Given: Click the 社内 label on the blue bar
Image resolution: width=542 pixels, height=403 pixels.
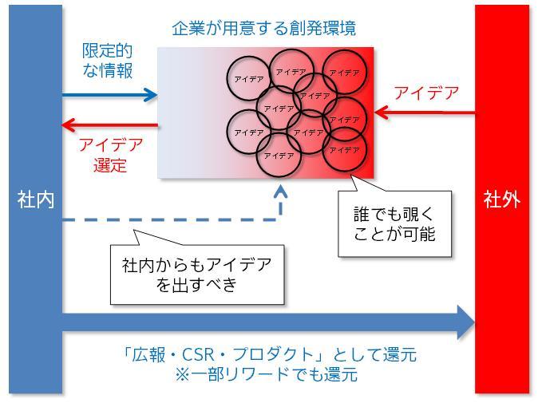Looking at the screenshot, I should (x=35, y=200).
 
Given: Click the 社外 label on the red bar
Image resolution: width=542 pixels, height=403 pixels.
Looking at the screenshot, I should (x=501, y=200).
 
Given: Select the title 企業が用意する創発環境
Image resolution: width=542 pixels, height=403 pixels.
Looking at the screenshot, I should (x=264, y=29).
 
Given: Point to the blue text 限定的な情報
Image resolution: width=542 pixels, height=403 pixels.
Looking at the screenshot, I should (x=108, y=61).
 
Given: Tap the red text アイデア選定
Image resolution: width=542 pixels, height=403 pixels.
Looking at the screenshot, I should (x=110, y=156).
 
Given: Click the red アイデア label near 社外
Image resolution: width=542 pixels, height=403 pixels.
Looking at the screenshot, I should (x=427, y=93).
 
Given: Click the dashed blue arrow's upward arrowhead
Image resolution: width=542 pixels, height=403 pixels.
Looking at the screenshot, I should (x=280, y=192).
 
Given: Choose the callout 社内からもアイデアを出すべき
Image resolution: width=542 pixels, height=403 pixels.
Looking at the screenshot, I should (x=196, y=274).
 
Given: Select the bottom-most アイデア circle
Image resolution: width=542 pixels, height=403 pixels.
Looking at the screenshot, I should (x=278, y=154).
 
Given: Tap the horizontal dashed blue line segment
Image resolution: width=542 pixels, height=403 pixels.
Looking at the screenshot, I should (x=168, y=219).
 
